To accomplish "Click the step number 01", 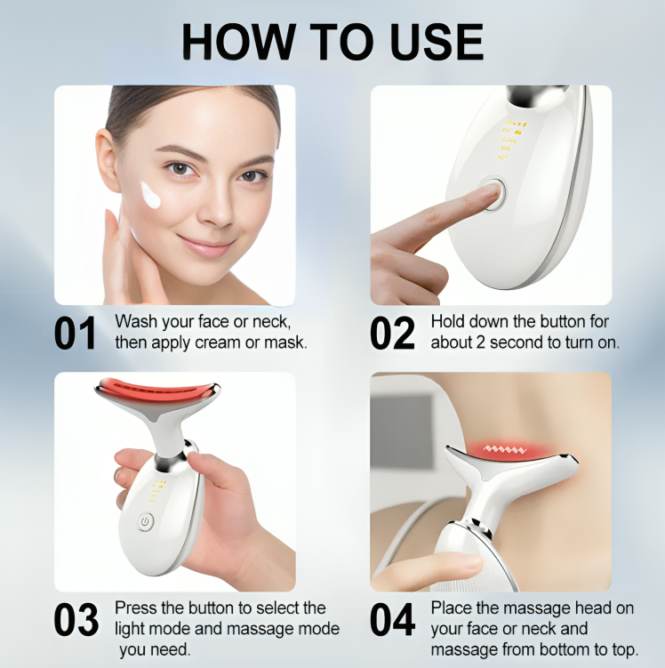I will tap(75, 332).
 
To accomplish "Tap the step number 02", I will tap(392, 332).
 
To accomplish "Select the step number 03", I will tap(76, 620).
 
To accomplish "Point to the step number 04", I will tap(393, 620).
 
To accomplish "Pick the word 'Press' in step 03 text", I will tap(134, 608).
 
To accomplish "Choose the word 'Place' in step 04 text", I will tap(451, 608).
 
